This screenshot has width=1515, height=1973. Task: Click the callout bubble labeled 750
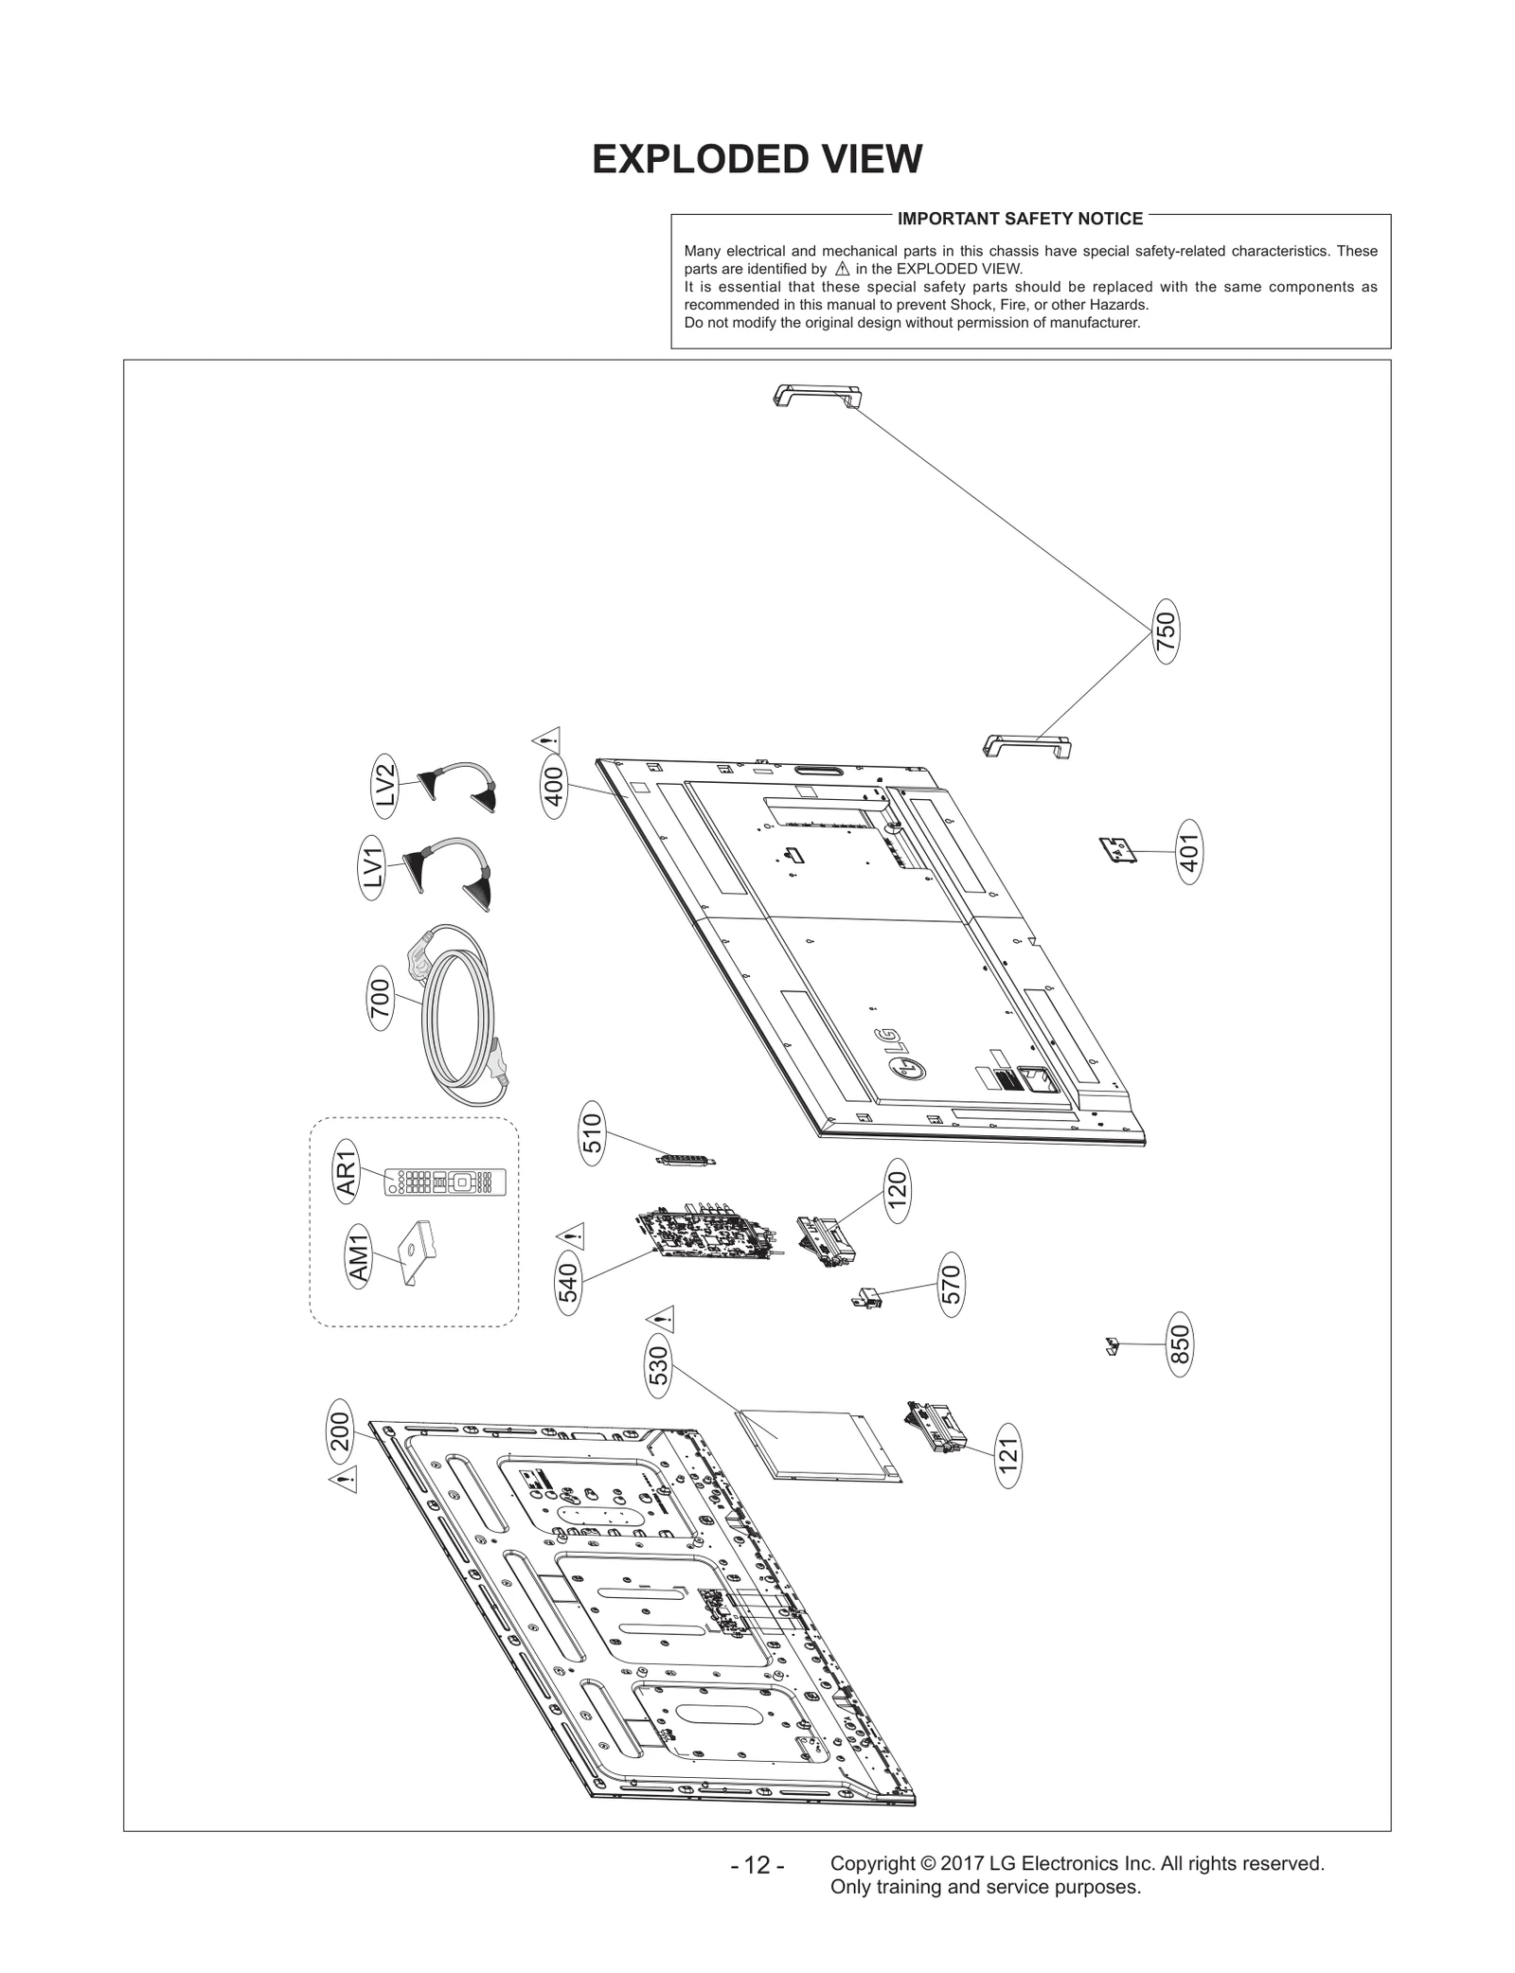[1166, 631]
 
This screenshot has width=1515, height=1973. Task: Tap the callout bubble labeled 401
[1189, 852]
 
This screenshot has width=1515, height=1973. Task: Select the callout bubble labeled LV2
[384, 784]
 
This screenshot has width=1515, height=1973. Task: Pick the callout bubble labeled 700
[380, 1000]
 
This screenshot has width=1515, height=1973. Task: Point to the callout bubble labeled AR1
[347, 1171]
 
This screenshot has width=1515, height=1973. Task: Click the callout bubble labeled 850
[1180, 1344]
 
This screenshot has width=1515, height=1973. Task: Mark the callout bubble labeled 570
[952, 1285]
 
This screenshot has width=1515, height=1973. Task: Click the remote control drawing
[445, 1182]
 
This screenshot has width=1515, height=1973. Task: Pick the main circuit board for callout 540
[708, 1232]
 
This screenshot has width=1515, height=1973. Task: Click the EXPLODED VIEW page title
[757, 160]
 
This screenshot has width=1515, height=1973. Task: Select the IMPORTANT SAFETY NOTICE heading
[1020, 219]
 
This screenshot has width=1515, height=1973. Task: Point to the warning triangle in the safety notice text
[842, 269]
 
